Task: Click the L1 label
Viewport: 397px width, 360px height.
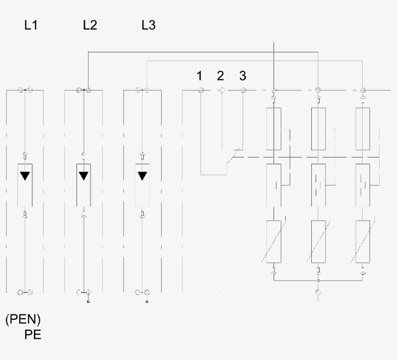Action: [31, 25]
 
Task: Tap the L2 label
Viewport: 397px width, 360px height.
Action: [90, 25]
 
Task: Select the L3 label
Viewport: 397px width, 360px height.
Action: [149, 25]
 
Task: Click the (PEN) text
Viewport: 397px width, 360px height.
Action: [23, 319]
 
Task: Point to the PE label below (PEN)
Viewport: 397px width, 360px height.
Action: [32, 335]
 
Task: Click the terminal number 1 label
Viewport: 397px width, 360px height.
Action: [199, 76]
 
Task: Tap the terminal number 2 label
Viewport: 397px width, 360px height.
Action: [220, 76]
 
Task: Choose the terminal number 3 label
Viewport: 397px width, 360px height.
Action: [243, 76]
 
